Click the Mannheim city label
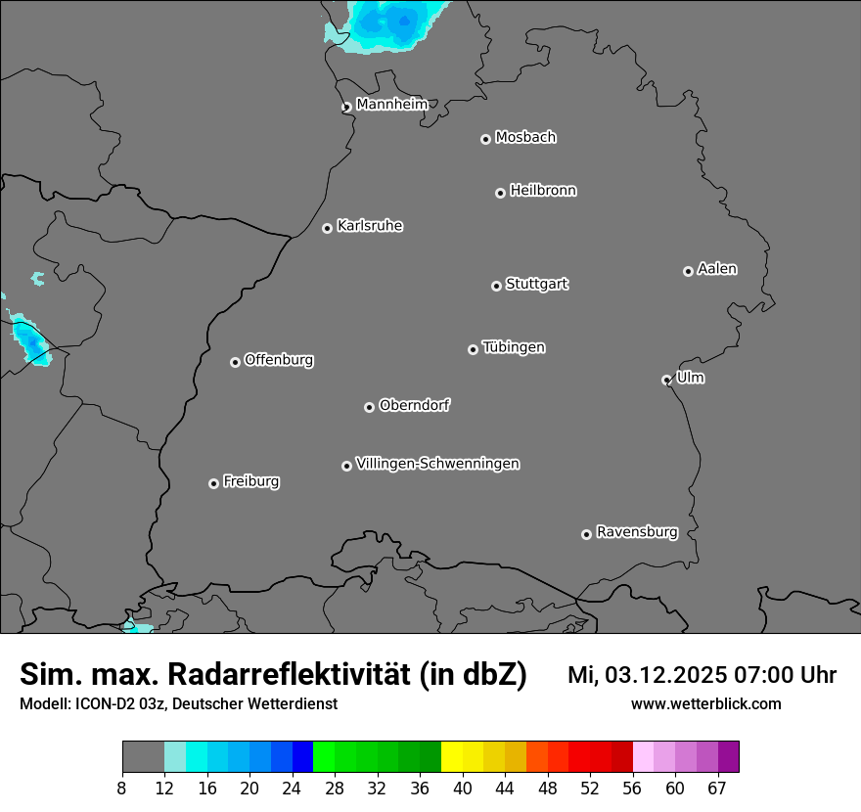391,105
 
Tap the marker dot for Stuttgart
496,286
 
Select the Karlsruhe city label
370,226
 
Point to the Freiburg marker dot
213,483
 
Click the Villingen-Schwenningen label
437,464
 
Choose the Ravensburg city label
637,532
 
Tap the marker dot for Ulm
666,380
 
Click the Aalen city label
717,269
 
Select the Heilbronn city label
543,191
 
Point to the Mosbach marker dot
485,139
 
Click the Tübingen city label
514,347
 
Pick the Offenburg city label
279,360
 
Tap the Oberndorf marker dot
369,407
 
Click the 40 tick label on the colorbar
463,789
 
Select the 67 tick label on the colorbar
717,789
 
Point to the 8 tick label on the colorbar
122,789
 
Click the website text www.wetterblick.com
705,704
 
